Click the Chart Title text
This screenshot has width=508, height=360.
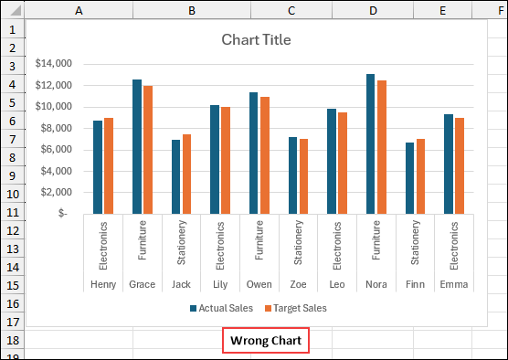coord(256,40)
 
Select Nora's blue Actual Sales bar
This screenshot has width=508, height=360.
coord(371,143)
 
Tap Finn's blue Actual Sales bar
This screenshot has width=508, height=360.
coord(410,177)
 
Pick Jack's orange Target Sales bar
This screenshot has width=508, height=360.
coord(187,174)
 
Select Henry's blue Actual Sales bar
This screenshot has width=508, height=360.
coord(98,167)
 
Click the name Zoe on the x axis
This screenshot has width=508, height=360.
coord(298,284)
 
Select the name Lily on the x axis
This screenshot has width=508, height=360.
coord(220,284)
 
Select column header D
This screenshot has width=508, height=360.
coord(373,10)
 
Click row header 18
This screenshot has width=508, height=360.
coord(12,340)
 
